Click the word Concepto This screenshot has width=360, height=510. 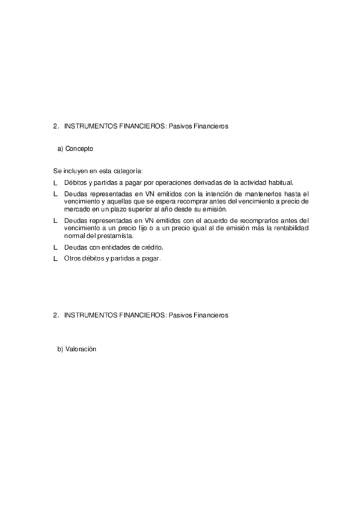pos(79,148)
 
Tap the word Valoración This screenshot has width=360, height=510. pos(81,349)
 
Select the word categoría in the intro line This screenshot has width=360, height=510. pos(129,171)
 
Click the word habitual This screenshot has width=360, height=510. pos(278,182)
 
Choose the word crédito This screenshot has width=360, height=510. pos(150,247)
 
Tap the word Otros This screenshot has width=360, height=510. pos(72,259)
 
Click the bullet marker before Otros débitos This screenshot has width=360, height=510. pos(55,259)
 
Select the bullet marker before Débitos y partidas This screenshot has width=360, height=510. pos(55,182)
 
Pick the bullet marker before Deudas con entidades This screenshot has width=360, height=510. pos(55,247)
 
